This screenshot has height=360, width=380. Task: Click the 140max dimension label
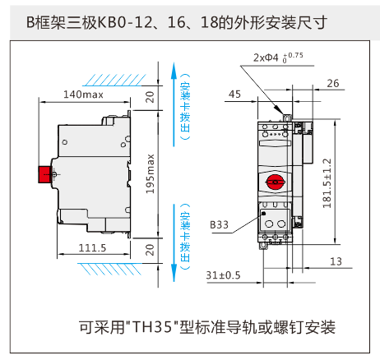83,95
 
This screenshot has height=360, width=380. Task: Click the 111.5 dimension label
92,248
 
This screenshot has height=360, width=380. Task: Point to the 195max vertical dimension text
150,173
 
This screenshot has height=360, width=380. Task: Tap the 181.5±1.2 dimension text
327,183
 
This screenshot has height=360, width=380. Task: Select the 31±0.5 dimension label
223,275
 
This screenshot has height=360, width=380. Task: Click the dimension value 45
234,95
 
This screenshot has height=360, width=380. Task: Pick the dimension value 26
333,83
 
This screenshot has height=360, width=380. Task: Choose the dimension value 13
336,261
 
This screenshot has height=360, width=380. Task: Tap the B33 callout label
219,224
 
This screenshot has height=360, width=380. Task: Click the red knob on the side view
45,174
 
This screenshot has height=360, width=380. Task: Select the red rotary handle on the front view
276,182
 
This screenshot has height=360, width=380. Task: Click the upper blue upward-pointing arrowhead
174,71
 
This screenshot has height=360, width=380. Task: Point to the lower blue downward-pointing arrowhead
174,273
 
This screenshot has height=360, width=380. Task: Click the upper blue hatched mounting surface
114,80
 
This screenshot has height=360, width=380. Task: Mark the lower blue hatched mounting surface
109,269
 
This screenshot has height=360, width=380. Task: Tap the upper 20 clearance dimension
150,97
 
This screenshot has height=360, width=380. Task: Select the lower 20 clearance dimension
150,250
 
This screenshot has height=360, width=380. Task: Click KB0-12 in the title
125,22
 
